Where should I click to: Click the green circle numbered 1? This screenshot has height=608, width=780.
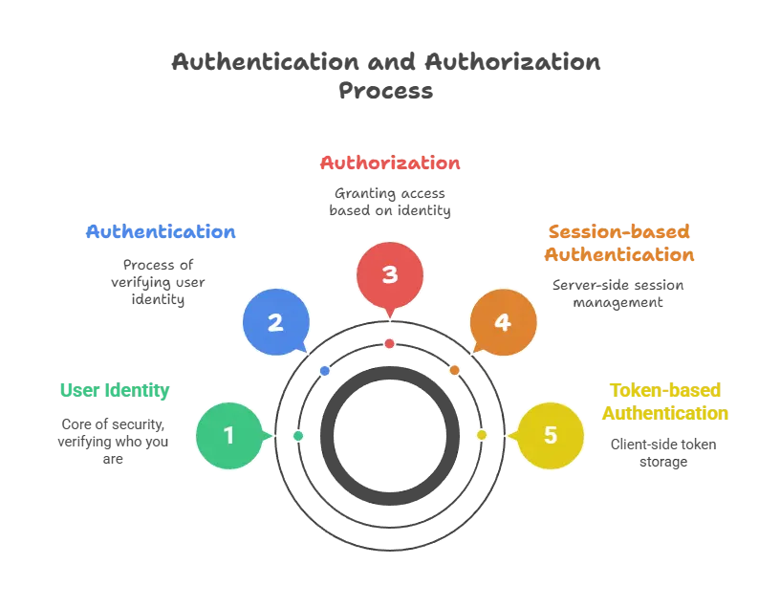tap(228, 436)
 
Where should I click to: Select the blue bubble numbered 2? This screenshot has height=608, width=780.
tap(275, 322)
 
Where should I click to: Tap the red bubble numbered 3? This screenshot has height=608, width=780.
tap(390, 275)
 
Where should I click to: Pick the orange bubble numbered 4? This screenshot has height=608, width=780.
tap(503, 323)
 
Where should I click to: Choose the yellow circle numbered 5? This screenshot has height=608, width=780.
tap(551, 436)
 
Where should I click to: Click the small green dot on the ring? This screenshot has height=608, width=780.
tap(298, 436)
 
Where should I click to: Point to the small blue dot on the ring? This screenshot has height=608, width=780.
tap(325, 370)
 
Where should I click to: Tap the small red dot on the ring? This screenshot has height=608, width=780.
tap(390, 343)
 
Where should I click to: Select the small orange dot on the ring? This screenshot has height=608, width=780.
tap(454, 370)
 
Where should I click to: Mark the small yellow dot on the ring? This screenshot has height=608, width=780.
tap(482, 436)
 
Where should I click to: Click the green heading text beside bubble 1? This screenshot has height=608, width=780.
tap(114, 390)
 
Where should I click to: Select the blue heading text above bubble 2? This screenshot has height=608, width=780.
tap(160, 232)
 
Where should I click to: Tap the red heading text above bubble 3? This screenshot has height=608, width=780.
tap(389, 163)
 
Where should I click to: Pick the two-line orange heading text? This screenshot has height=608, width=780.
tap(619, 244)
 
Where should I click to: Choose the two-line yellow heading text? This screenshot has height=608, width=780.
tap(665, 402)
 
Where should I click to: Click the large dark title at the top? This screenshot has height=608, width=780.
tap(386, 63)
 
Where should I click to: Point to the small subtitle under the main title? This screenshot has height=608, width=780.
tap(386, 92)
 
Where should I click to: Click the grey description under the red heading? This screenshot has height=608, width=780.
tap(389, 202)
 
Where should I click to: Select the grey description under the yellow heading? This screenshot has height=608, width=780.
tap(661, 452)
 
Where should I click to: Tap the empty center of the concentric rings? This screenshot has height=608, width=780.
tap(390, 436)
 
